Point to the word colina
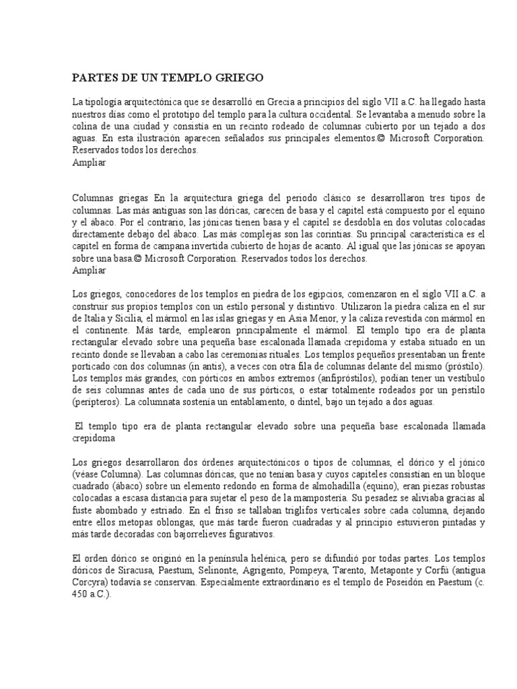(x=85, y=126)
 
